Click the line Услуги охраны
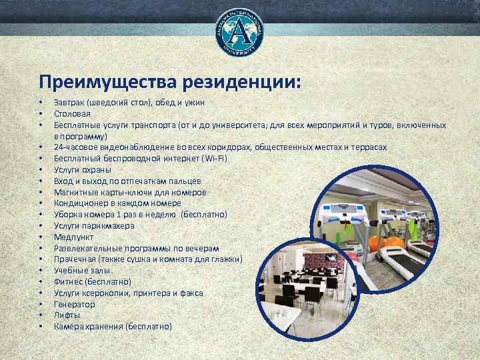pyautogui.click(x=83, y=169)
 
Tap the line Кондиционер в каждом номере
pyautogui.click(x=117, y=203)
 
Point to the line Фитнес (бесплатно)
pyautogui.click(x=93, y=282)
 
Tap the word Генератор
pyautogui.click(x=75, y=304)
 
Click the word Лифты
pyautogui.click(x=67, y=315)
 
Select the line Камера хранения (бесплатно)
pyautogui.click(x=113, y=327)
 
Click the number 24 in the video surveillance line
pyautogui.click(x=58, y=147)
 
